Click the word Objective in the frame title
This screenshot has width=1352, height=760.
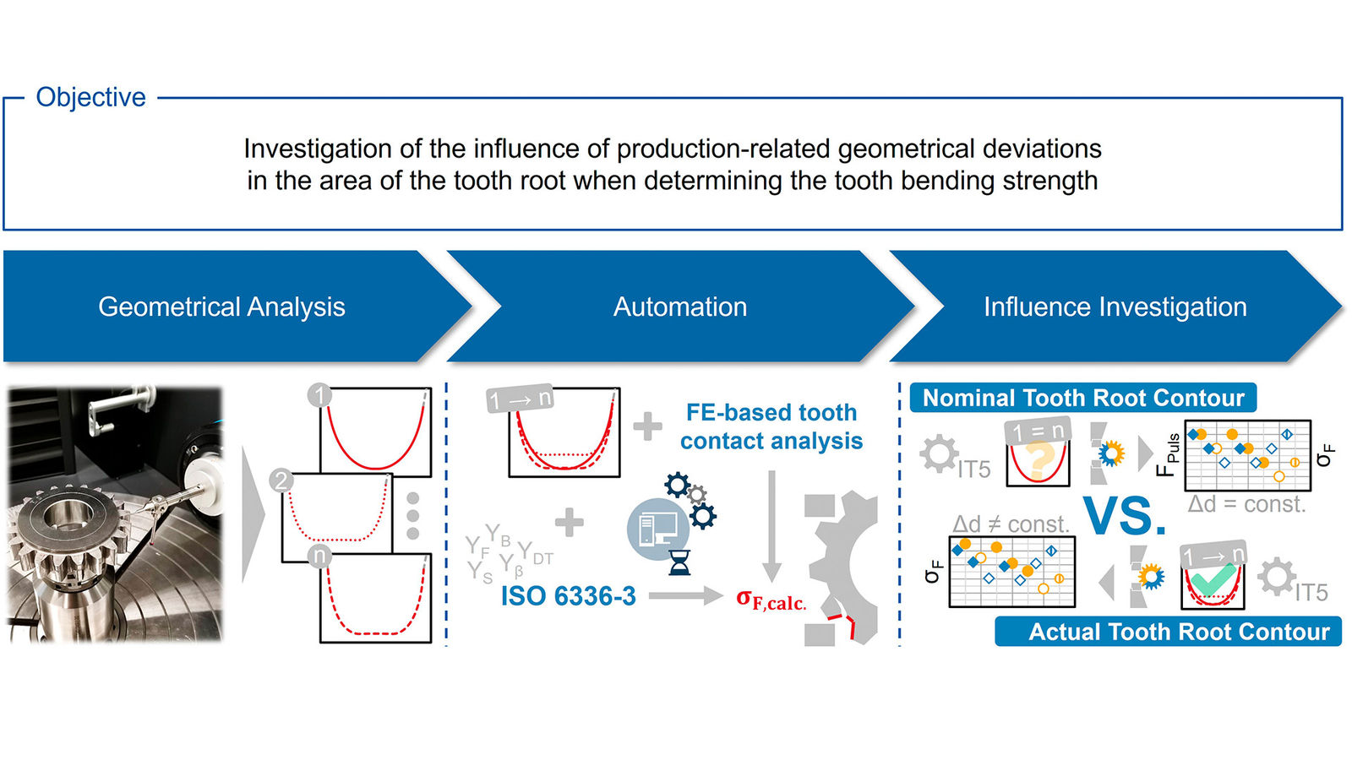pos(90,97)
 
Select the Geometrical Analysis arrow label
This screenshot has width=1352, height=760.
pos(221,307)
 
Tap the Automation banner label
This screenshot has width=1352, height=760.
pos(680,307)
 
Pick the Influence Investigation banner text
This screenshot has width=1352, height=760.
pos(1115,307)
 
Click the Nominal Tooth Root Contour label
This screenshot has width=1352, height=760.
pos(1083,398)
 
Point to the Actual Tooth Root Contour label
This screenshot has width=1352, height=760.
pos(1179,632)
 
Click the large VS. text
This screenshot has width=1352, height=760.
pos(1125,516)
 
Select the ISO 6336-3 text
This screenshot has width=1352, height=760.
pos(568,596)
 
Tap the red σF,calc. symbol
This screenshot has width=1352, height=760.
pos(771,600)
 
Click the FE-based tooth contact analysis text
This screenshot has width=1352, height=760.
pos(771,426)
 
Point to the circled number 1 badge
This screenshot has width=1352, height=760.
pos(319,395)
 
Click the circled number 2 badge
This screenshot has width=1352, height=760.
pos(281,481)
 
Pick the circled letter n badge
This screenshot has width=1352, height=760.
pos(319,556)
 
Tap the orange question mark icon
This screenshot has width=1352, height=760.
pos(1040,460)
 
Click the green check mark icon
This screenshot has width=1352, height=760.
pos(1213,580)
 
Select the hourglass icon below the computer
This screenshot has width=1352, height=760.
pos(679,562)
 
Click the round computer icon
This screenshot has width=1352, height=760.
pos(657,529)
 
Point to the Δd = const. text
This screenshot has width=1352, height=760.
pos(1246,504)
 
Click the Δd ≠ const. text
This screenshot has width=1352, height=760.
pos(1011,524)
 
